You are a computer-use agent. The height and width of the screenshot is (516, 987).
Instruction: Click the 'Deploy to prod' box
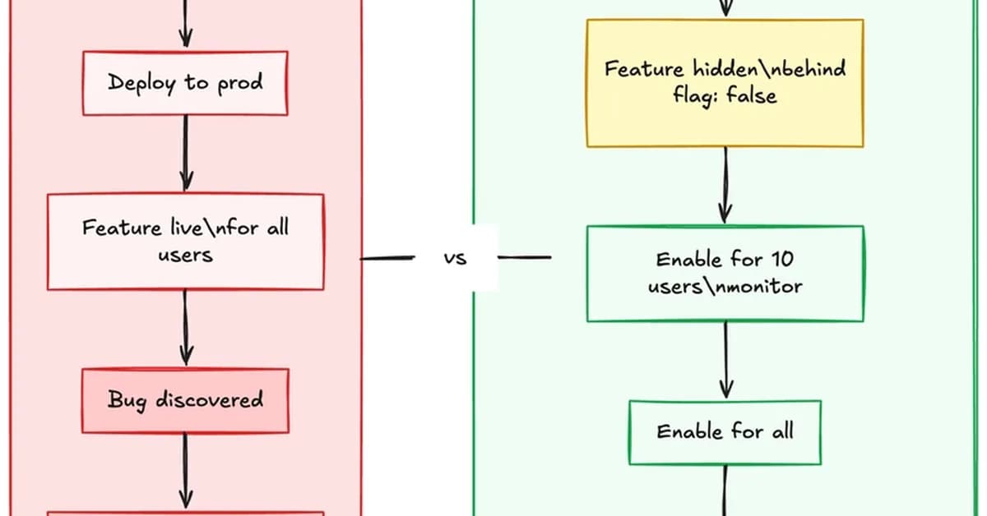tap(185, 83)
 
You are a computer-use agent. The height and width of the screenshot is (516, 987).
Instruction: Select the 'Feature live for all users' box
tap(185, 241)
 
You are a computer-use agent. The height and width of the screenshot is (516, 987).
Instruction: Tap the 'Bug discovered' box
tap(185, 400)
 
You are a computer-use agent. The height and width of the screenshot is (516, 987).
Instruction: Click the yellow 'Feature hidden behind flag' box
tap(725, 83)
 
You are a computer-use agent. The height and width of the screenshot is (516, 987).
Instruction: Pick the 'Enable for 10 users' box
tap(725, 273)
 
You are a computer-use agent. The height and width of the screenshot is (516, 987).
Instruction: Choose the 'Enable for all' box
tap(725, 431)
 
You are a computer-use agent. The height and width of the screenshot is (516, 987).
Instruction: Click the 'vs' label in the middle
tap(455, 258)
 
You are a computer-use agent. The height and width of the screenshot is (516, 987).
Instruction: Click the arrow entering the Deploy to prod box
tap(185, 25)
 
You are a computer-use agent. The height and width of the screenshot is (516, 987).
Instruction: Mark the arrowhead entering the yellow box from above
tap(725, 10)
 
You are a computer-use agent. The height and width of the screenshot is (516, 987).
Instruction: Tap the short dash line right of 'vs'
tap(525, 258)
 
